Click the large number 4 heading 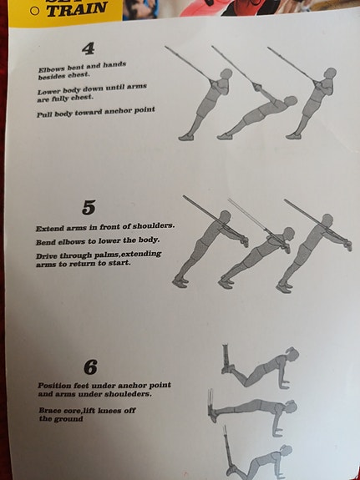(89, 48)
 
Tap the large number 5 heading (89, 208)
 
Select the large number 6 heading (91, 367)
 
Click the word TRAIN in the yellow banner (77, 9)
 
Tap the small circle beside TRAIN (35, 11)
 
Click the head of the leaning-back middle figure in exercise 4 (291, 101)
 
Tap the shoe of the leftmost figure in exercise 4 (186, 138)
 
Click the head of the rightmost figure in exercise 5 (327, 220)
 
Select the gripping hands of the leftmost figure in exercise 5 (244, 241)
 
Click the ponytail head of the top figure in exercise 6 (292, 353)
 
